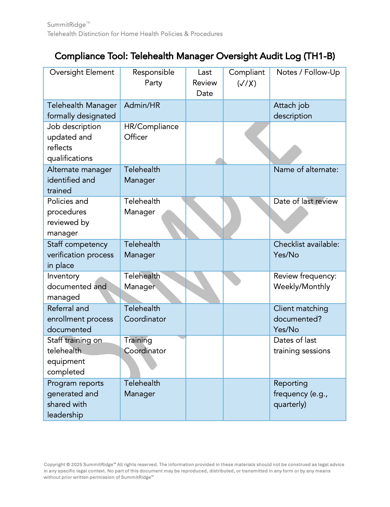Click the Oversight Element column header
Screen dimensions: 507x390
(x=82, y=73)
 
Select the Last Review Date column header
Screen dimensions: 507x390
(x=205, y=83)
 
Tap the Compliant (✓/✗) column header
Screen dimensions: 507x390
(x=246, y=78)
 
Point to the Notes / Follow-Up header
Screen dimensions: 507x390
(x=308, y=73)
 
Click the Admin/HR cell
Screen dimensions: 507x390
(x=142, y=105)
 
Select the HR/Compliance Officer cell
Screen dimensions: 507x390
(x=151, y=132)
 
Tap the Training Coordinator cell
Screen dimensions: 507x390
(x=145, y=346)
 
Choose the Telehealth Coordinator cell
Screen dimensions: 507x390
(x=145, y=314)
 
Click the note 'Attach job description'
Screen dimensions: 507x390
(x=292, y=111)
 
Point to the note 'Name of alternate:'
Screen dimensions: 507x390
(x=306, y=170)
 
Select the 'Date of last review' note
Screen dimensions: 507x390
(x=305, y=201)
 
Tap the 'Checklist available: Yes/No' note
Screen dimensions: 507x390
(x=306, y=250)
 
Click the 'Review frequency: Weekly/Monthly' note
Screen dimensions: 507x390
(x=305, y=281)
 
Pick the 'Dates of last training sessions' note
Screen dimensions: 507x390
(x=301, y=346)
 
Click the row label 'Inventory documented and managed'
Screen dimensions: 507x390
(x=77, y=287)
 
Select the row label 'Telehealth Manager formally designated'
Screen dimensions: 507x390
(x=81, y=111)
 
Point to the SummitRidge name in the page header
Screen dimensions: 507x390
(x=67, y=25)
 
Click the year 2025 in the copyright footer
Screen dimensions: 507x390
(x=77, y=465)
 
